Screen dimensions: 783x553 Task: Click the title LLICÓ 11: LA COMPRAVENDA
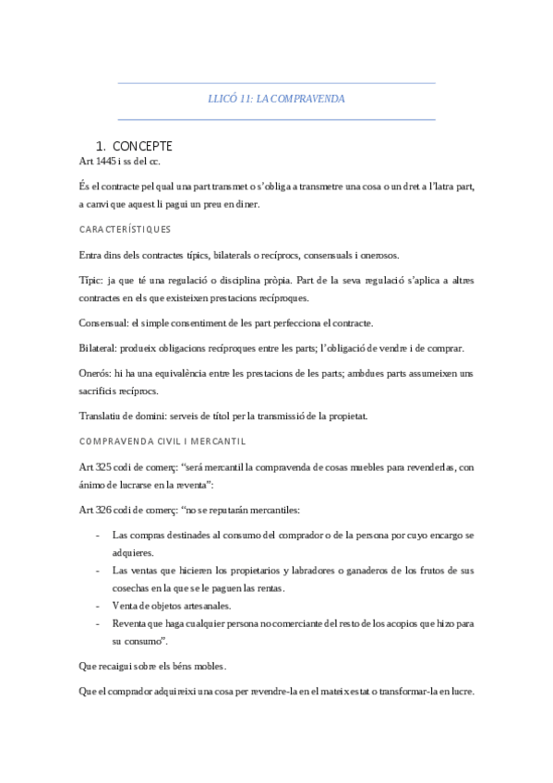(277, 99)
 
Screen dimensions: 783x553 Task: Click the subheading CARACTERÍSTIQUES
(125, 229)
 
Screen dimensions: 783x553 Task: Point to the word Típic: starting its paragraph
(93, 278)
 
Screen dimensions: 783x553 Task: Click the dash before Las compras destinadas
(99, 535)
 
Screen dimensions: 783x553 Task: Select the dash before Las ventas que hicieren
(99, 570)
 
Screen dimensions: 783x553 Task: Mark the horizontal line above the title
(277, 83)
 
